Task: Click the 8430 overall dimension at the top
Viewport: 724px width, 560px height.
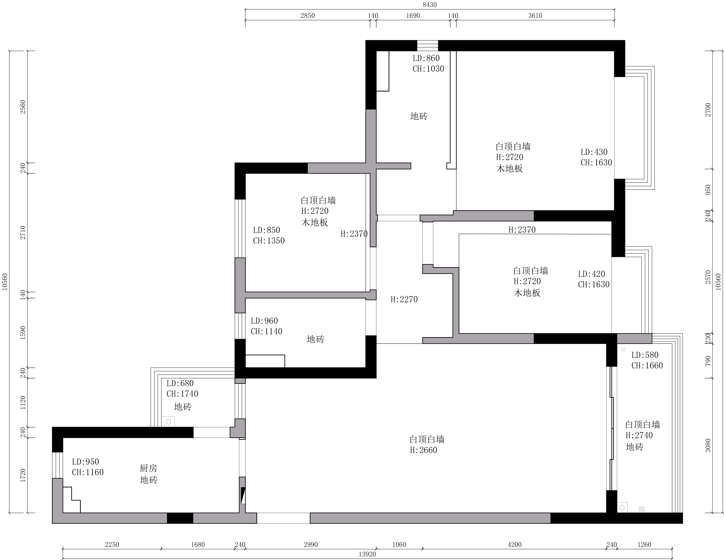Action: click(x=430, y=5)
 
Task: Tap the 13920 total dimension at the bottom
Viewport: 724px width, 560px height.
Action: click(x=367, y=554)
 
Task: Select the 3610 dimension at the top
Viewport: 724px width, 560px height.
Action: click(x=535, y=16)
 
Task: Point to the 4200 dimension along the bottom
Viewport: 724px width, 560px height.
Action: click(x=514, y=544)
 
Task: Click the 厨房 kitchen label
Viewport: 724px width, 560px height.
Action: click(x=148, y=468)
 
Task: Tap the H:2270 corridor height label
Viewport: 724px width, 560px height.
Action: click(x=404, y=299)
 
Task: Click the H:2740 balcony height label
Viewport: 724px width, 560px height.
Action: click(x=639, y=435)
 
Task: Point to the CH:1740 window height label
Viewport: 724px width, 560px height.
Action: click(x=182, y=394)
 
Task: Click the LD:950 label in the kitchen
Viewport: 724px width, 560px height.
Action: click(x=86, y=462)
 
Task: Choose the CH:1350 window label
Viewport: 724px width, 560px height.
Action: click(x=269, y=241)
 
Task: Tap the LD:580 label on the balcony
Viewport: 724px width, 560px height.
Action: click(x=645, y=355)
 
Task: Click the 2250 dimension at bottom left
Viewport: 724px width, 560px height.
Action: click(x=112, y=544)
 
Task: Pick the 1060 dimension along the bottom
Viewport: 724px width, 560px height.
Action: click(x=399, y=544)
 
